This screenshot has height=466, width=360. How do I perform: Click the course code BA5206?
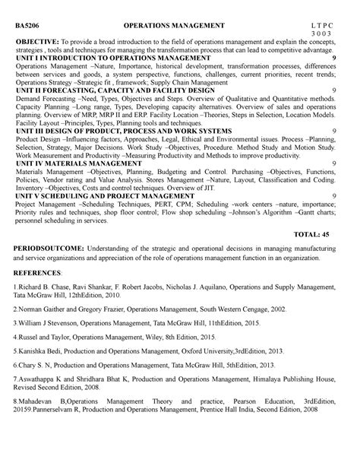[x=27, y=27]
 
